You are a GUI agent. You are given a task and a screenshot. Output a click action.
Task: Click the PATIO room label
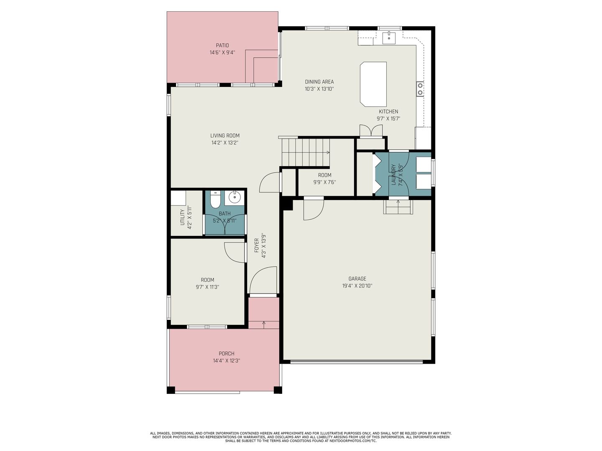pyautogui.click(x=222, y=46)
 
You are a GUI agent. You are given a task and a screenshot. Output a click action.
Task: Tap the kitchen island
pyautogui.click(x=373, y=84)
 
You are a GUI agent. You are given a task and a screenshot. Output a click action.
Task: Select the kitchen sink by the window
pyautogui.click(x=389, y=38)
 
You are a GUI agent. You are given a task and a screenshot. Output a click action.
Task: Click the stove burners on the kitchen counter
pyautogui.click(x=420, y=89)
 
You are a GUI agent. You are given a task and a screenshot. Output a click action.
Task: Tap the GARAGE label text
pyautogui.click(x=357, y=279)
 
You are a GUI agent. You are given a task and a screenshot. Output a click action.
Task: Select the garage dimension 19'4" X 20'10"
pyautogui.click(x=357, y=286)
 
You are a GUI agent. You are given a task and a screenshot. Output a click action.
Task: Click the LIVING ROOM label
pyautogui.click(x=225, y=136)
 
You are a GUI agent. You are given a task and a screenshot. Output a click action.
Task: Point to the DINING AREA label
pyautogui.click(x=319, y=81)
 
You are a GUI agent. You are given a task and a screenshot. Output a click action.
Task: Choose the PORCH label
pyautogui.click(x=227, y=354)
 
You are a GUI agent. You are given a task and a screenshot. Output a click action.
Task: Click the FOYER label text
pyautogui.click(x=257, y=246)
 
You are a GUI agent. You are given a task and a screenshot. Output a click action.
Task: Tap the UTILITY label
pyautogui.click(x=182, y=217)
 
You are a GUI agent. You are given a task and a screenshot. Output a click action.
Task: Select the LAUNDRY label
pyautogui.click(x=393, y=175)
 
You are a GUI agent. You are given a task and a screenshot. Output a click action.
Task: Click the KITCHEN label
pyautogui.click(x=388, y=111)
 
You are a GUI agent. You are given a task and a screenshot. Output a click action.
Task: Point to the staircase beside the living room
pyautogui.click(x=306, y=152)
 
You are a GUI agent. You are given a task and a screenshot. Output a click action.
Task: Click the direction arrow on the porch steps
pyautogui.click(x=264, y=324)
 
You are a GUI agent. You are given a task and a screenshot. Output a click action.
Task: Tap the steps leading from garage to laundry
pyautogui.click(x=398, y=207)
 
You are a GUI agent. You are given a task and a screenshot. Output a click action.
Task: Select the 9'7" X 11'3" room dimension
pyautogui.click(x=207, y=287)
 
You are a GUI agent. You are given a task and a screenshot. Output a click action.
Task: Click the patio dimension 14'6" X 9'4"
pyautogui.click(x=222, y=53)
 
